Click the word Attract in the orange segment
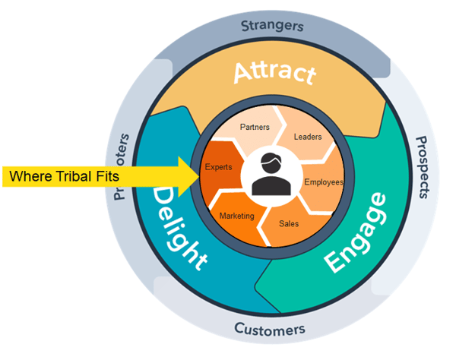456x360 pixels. click(273, 74)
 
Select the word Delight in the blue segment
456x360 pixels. click(180, 228)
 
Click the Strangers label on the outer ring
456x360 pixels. click(272, 25)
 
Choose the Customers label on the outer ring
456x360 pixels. click(270, 330)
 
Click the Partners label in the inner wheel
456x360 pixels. click(255, 126)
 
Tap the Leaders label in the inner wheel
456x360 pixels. click(308, 137)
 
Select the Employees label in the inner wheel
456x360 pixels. click(324, 182)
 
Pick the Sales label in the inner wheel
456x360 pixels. click(289, 224)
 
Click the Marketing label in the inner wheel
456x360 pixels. click(236, 216)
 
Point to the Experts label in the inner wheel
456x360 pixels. click(218, 166)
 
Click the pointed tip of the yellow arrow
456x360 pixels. click(199, 175)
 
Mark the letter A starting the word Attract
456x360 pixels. click(244, 74)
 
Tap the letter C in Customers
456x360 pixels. click(239, 329)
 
